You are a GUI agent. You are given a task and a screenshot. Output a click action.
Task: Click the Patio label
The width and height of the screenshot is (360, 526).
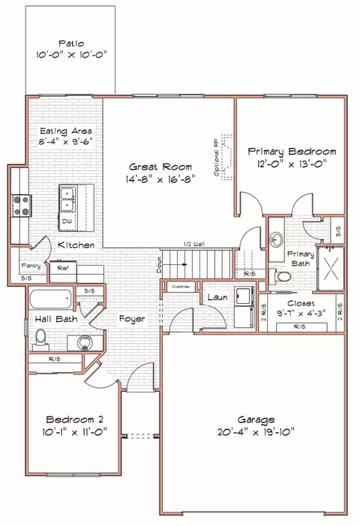click(x=71, y=44)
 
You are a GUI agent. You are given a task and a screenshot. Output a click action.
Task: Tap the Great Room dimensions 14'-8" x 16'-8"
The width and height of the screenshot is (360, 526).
click(x=160, y=179)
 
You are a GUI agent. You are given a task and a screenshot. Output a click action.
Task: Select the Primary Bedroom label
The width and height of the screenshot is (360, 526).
click(x=292, y=152)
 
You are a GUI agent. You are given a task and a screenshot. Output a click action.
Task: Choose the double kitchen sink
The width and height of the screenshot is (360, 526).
click(x=67, y=198)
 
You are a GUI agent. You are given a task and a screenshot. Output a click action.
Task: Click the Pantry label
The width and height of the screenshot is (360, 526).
click(x=31, y=266)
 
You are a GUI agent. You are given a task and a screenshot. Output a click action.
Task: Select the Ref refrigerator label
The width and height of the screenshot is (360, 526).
click(x=63, y=266)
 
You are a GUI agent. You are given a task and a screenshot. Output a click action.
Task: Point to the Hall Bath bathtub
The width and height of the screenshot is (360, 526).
click(x=50, y=301)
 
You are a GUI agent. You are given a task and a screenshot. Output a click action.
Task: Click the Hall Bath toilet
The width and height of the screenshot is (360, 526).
click(x=41, y=337)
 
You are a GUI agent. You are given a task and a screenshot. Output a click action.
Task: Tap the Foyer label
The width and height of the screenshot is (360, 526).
click(x=131, y=319)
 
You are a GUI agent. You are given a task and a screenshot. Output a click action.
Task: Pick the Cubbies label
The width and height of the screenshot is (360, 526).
click(x=180, y=287)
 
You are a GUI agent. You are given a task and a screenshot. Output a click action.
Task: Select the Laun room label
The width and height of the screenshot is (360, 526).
click(x=217, y=298)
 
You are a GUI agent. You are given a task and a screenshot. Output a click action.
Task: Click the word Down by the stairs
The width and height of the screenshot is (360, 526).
click(x=160, y=264)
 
